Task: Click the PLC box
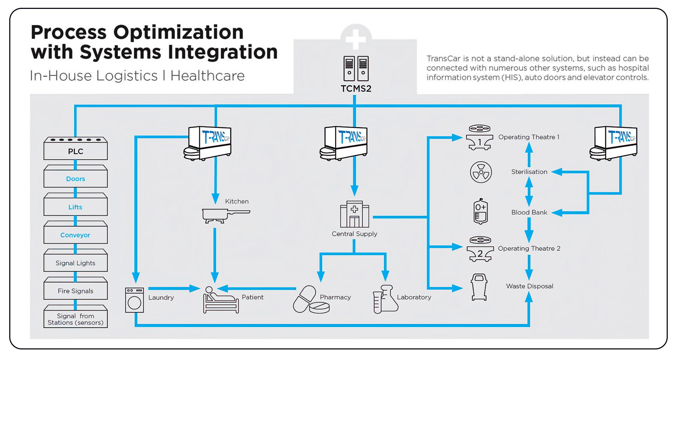(x=76, y=151)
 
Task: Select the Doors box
(x=76, y=179)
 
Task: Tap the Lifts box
(x=76, y=207)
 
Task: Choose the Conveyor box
(x=76, y=235)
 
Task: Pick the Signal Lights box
(x=76, y=263)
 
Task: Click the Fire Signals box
(x=76, y=291)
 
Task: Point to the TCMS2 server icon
(x=356, y=68)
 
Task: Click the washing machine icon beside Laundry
(x=134, y=300)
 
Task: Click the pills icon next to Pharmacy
(x=311, y=300)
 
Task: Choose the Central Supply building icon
(x=355, y=214)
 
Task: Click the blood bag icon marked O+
(x=481, y=211)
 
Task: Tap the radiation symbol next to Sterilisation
(x=481, y=172)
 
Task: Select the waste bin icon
(x=479, y=287)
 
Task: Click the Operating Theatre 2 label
(x=529, y=248)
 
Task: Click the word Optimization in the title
(x=178, y=32)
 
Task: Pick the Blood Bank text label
(x=529, y=212)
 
